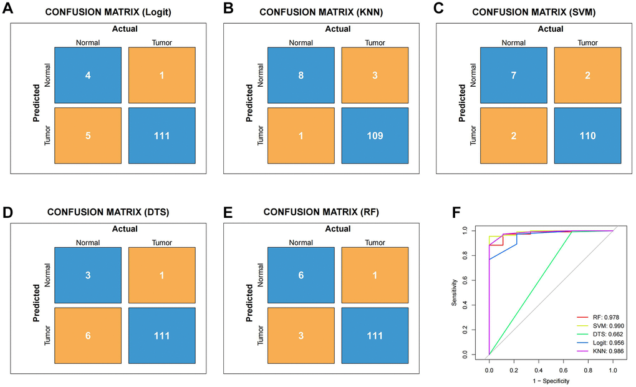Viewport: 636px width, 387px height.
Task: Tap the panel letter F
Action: [x=457, y=212]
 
